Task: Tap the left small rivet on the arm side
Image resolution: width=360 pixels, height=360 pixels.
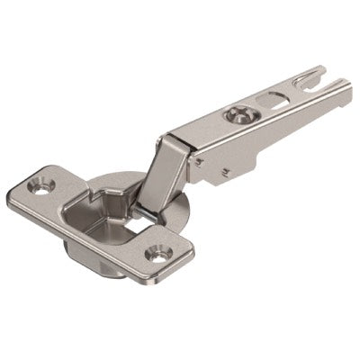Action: [x=207, y=166]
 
